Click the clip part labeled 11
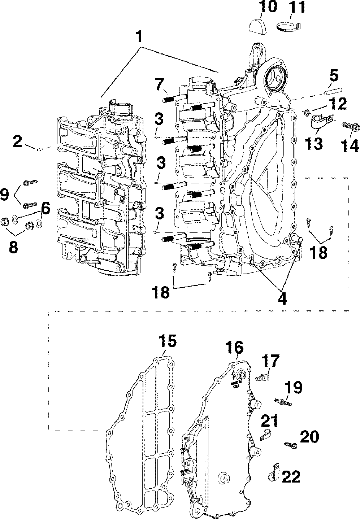tap(290, 26)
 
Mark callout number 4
tap(282, 298)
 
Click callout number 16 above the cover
tap(235, 348)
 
